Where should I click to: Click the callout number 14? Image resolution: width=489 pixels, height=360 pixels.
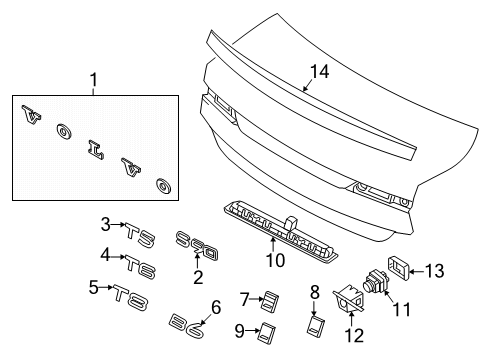[319, 72]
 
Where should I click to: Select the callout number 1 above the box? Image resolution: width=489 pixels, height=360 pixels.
[94, 80]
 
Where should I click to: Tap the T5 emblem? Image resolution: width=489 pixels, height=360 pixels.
[141, 235]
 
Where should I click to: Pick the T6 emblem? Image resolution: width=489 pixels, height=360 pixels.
[141, 267]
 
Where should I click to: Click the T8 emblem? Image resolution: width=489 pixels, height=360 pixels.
[130, 297]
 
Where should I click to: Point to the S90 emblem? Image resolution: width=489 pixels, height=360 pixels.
[197, 246]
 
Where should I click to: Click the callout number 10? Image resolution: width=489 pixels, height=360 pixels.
[275, 260]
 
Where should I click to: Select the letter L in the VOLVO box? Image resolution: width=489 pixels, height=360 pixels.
[96, 150]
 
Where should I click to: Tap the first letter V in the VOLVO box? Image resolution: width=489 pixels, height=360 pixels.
[31, 115]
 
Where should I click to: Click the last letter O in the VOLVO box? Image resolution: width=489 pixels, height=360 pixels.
[164, 186]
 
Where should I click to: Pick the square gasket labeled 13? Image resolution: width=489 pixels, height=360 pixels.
[398, 268]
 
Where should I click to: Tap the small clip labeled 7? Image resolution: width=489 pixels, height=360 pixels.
[270, 301]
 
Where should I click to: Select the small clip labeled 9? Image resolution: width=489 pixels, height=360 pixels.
[266, 332]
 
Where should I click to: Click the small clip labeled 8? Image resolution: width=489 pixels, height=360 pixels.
[316, 325]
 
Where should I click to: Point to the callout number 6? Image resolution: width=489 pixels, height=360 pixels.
[216, 307]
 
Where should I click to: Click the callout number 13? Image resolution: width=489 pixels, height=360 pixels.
[435, 271]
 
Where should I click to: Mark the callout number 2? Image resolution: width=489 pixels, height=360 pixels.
[198, 277]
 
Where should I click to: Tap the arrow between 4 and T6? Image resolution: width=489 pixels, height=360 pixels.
[117, 257]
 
